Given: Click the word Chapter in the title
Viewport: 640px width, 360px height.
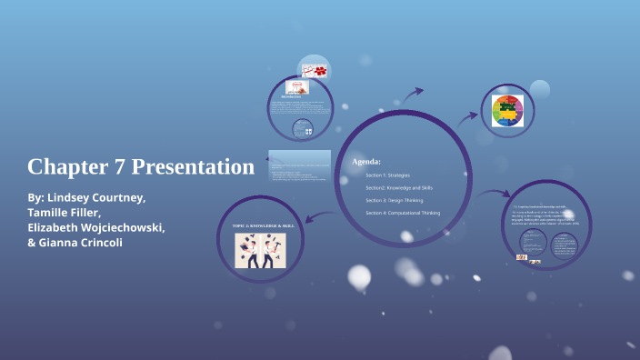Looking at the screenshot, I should click(63, 167).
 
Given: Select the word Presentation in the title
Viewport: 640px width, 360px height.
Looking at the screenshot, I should click(193, 167).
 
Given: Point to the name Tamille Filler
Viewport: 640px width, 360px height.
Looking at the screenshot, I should click(65, 212).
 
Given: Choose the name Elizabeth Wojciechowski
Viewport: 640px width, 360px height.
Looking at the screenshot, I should click(95, 227).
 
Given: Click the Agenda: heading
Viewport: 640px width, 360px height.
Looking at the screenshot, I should click(365, 161).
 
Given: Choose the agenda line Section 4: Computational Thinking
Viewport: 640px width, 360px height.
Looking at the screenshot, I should click(403, 212).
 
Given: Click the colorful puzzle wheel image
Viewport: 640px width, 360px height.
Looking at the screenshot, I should click(507, 111).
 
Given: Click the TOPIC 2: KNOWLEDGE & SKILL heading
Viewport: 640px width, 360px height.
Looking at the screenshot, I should click(264, 224).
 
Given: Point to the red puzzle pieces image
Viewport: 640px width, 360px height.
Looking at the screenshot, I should click(315, 70).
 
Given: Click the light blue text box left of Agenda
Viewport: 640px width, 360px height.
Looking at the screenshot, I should click(299, 165).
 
